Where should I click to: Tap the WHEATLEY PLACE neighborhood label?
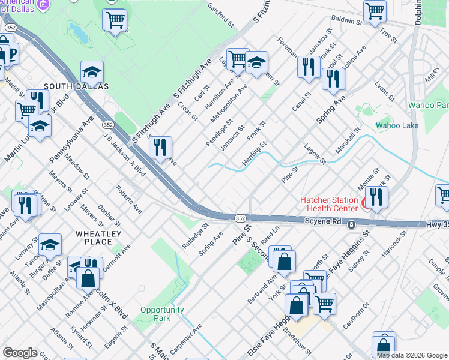98,238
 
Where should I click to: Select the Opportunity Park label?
162,314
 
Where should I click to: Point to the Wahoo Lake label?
396,125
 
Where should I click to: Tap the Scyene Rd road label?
325,222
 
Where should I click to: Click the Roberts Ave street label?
129,200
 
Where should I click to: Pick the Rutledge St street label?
196,237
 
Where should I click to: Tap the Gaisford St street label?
220,13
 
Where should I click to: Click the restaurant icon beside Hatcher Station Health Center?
376,197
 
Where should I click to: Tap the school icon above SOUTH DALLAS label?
92,71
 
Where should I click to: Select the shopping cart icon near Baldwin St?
375,10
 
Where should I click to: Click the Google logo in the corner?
20,353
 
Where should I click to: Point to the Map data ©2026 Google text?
411,355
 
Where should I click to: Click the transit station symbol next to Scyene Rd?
352,224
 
